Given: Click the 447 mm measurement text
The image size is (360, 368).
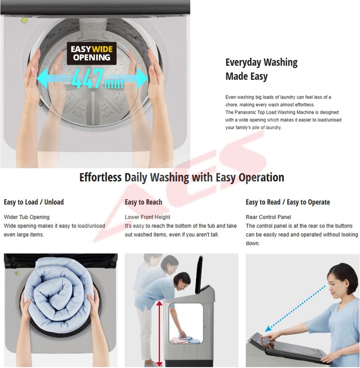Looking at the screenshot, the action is point(97,79).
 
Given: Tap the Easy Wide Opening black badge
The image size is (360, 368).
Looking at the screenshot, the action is point(92,53).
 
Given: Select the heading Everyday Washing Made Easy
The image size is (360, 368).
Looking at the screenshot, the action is point(261,69).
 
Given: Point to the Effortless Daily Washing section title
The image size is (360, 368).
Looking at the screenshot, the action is point(182,177).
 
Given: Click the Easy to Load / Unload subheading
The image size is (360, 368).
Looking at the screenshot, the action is point(34,202).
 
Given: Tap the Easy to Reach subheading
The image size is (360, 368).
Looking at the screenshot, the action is point(143,202).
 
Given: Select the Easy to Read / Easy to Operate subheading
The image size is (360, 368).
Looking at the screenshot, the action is point(288,202).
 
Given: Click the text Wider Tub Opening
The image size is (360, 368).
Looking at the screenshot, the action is point(27,217).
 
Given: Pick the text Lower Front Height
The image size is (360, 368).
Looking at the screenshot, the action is point(147,217).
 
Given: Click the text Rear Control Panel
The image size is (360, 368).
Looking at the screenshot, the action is point(268,217).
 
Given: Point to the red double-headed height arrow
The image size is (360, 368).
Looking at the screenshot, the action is point(159,334).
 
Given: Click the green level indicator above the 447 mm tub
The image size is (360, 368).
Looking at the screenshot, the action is point(25,20).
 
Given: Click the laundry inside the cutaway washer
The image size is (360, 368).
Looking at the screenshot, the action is point(186,339).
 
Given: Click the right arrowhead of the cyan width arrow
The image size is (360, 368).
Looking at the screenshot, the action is point(142,78).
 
